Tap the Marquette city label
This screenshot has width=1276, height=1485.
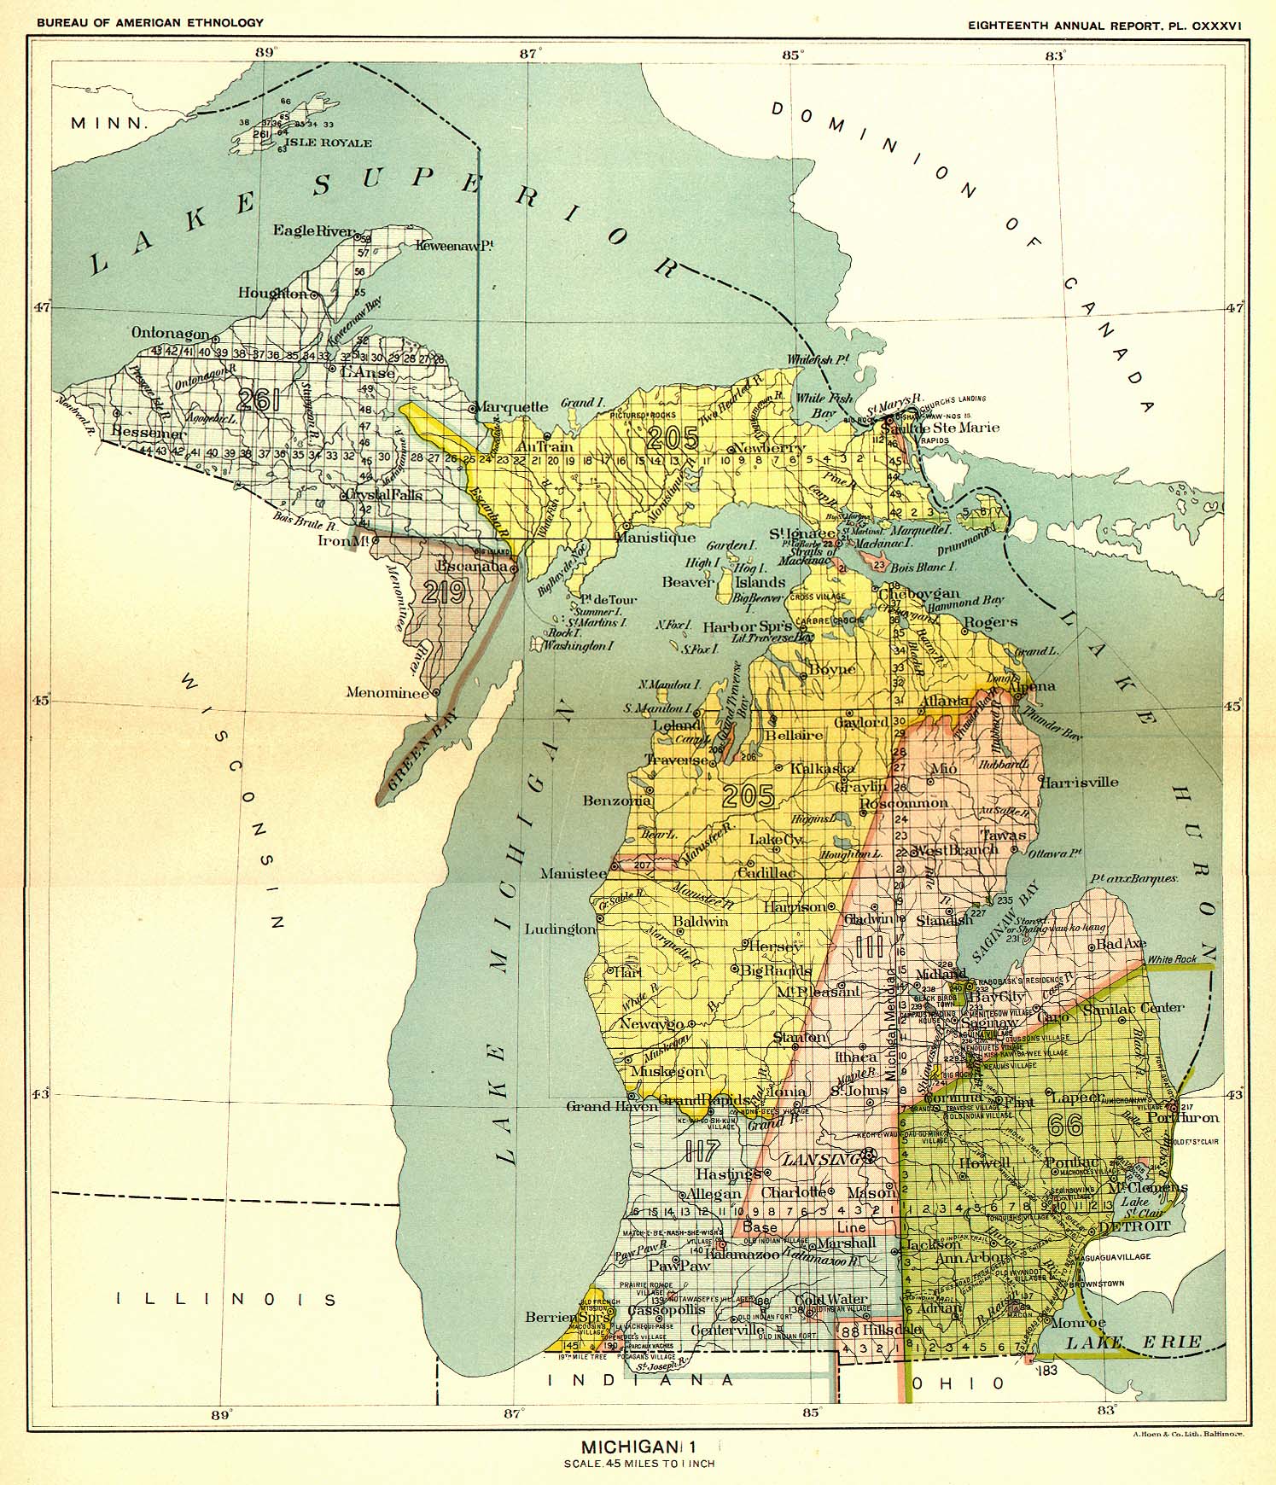[x=512, y=406]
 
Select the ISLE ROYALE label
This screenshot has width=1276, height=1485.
[x=328, y=143]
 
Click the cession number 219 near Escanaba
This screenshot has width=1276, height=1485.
[x=444, y=592]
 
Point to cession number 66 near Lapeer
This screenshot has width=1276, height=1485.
[x=1065, y=1125]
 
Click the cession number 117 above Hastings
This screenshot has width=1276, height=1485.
[x=702, y=1150]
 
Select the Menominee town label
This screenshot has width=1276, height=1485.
[x=386, y=693]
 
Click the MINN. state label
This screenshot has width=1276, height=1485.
[x=110, y=123]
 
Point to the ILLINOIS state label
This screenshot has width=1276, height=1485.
[x=226, y=1300]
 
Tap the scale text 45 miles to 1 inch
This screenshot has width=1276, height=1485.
[x=638, y=1463]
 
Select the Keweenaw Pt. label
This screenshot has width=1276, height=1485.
[x=456, y=246]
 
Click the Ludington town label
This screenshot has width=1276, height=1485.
[x=560, y=929]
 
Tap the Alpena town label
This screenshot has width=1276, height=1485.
[x=1031, y=686]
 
